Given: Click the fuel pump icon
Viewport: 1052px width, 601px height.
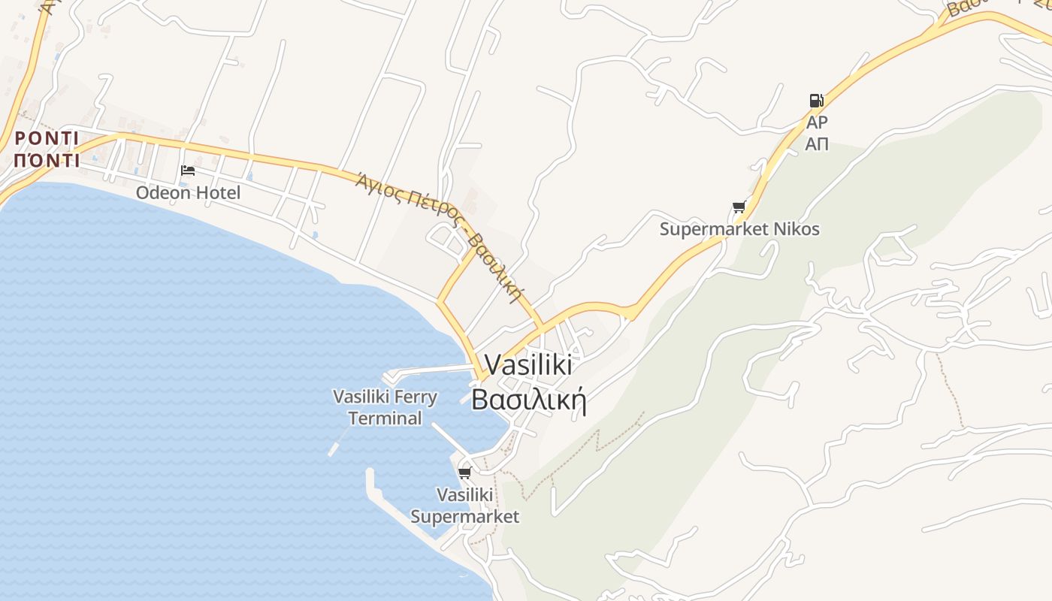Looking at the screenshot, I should [816, 100].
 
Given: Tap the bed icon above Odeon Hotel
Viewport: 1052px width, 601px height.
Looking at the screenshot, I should [188, 171].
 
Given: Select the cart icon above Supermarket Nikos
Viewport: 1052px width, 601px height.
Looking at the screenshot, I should [739, 207].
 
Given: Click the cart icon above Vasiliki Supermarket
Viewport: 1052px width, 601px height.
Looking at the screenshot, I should [464, 473].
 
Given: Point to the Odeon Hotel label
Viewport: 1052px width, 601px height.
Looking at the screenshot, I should [188, 193].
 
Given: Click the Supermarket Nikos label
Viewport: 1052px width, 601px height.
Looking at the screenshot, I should [739, 229].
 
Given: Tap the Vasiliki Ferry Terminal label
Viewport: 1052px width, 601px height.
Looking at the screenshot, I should [385, 407].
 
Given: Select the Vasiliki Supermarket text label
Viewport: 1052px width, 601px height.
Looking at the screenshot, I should [464, 506].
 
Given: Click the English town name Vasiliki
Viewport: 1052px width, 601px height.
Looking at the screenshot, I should [528, 365].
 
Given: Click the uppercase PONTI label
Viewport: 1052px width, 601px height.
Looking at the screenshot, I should [47, 138].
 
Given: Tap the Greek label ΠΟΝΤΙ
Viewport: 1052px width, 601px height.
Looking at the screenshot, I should [47, 160].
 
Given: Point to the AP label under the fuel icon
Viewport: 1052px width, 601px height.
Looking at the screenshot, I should [817, 122].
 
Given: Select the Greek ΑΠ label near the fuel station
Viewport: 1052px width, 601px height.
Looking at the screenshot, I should [817, 143].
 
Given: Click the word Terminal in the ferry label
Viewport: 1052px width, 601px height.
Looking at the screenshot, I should [385, 418].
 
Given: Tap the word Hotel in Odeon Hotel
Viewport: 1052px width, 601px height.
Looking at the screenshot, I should [216, 193].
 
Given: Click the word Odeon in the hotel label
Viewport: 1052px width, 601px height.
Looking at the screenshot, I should [161, 193].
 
